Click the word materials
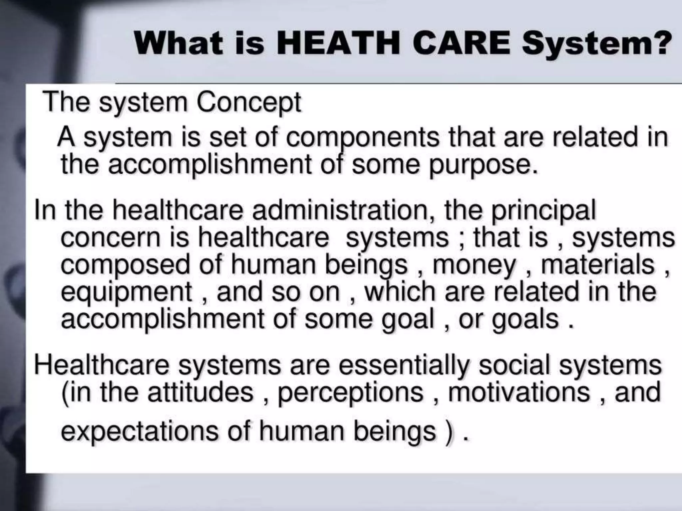point(598,265)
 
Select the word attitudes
point(200,393)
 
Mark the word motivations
point(519,393)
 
